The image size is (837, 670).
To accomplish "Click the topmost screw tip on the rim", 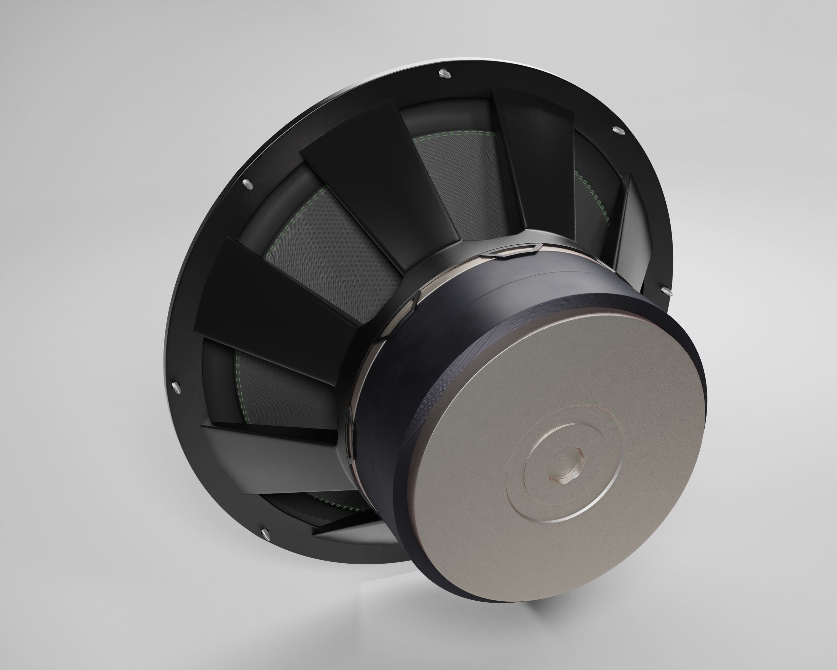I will point(444,73).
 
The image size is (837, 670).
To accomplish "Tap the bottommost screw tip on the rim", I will point(265,533).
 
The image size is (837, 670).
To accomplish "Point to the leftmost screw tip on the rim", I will point(176,387).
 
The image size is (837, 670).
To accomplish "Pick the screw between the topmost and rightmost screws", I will point(619,130).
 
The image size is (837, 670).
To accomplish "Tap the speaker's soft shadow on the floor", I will point(427,606).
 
